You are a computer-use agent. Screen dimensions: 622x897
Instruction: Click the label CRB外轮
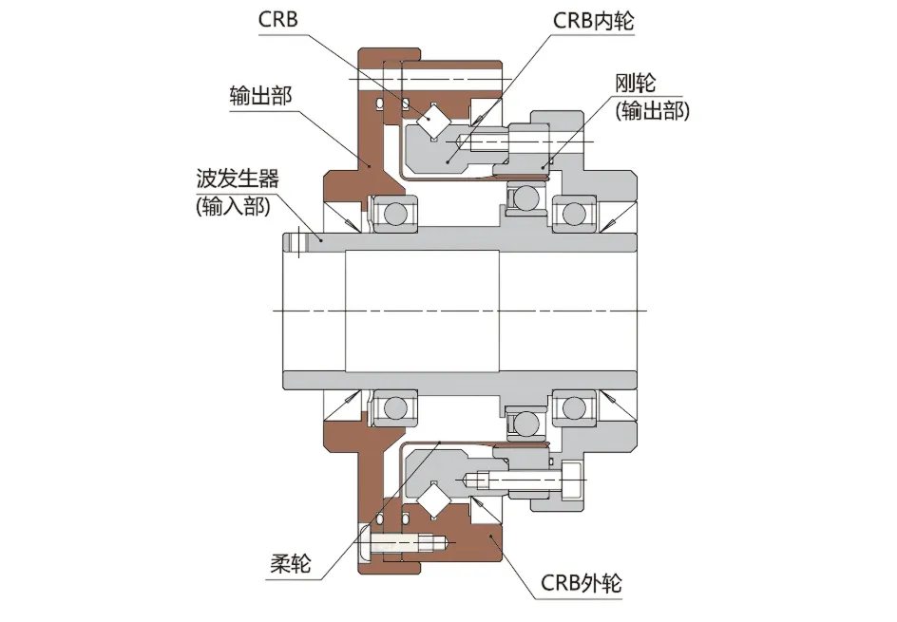(x=581, y=581)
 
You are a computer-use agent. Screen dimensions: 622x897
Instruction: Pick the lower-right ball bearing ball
(x=573, y=407)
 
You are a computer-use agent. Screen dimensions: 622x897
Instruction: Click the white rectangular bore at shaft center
(x=422, y=311)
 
